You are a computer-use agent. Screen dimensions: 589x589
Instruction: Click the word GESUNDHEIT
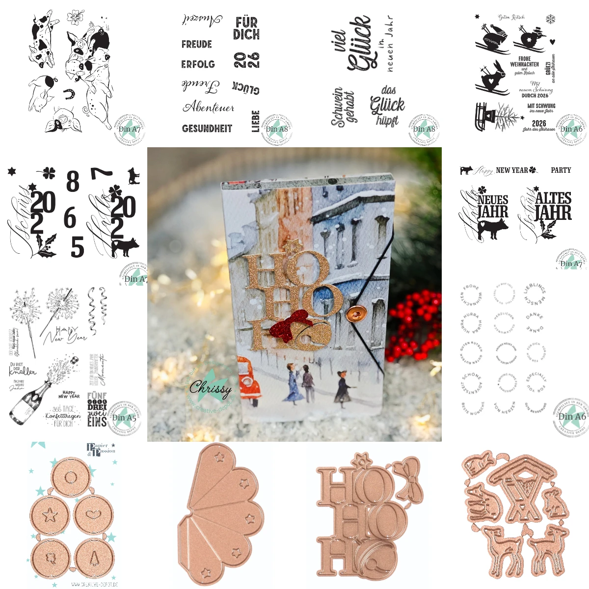click(207, 129)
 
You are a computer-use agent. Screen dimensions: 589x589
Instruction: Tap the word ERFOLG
click(198, 64)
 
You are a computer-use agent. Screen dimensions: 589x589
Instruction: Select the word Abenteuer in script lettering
click(208, 107)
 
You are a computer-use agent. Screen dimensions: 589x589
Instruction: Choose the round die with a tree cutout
click(94, 558)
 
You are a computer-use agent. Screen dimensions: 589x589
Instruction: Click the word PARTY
click(561, 170)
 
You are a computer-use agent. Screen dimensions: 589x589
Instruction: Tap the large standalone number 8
click(73, 182)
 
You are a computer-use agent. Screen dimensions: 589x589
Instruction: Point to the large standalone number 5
click(77, 247)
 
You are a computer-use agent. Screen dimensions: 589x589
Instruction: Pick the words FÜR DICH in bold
click(246, 28)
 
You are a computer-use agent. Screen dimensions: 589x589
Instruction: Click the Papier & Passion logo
click(101, 448)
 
